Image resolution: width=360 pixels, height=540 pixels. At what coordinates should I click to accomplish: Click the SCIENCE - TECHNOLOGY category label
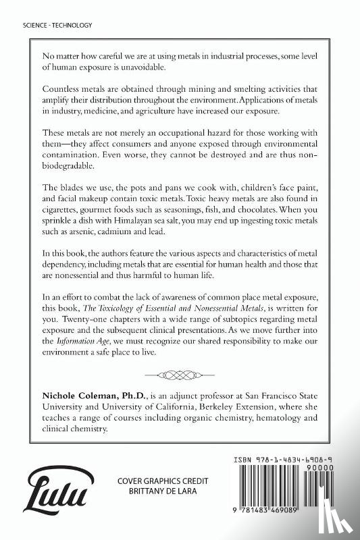click(x=47, y=24)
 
